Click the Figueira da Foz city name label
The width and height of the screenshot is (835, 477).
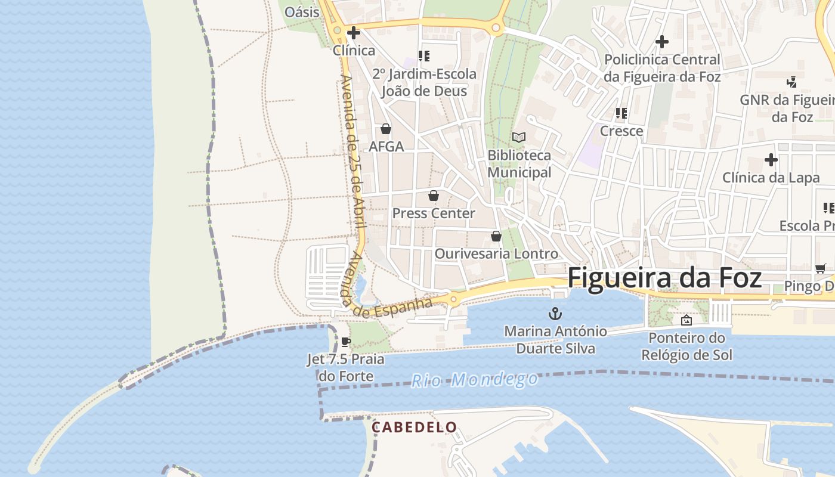tap(664, 279)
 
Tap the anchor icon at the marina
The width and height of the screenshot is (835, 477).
tap(555, 314)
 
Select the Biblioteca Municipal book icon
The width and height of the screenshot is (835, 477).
tap(519, 137)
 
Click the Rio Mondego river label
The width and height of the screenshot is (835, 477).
tap(475, 379)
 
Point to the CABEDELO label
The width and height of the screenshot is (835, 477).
tap(415, 428)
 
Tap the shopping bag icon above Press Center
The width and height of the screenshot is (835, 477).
tap(434, 196)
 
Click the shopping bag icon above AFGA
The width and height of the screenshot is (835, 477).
tap(386, 129)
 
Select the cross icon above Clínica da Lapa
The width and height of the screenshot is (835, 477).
tap(771, 160)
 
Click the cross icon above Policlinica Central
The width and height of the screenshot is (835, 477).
tap(662, 42)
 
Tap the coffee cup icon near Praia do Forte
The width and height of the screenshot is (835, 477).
tap(345, 342)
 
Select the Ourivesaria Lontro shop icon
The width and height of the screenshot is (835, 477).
tap(496, 236)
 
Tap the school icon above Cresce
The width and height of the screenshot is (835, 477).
tap(621, 113)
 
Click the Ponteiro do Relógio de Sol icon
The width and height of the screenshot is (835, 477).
tap(686, 320)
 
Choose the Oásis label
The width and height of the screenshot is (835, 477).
tap(302, 12)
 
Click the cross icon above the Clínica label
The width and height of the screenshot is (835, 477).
tap(354, 33)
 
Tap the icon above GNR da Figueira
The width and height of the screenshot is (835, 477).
tap(792, 82)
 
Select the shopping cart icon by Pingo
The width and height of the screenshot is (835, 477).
tap(821, 268)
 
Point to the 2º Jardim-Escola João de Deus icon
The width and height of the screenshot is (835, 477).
tap(424, 56)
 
